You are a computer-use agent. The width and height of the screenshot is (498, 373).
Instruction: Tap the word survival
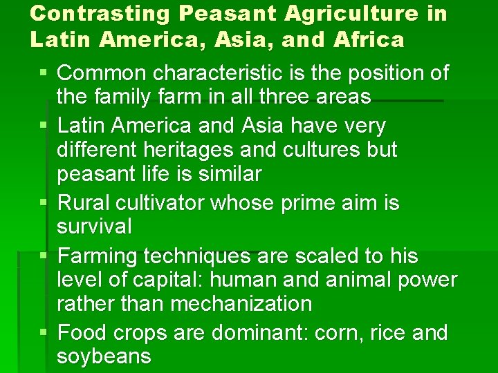(95, 227)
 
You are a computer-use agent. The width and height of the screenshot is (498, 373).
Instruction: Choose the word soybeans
(104, 356)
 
